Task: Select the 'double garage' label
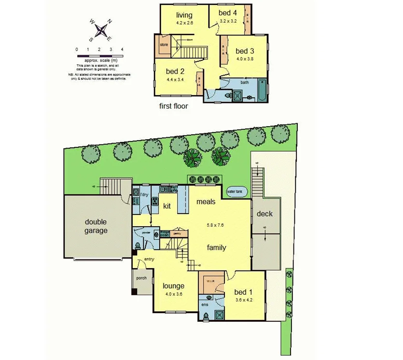pos(97,226)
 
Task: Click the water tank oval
pos(237,192)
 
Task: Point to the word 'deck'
pos(264,214)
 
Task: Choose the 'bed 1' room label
pos(243,292)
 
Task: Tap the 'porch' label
pos(141,278)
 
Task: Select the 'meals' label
pos(205,202)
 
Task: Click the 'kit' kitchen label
pos(167,206)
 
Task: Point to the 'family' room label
pos(217,247)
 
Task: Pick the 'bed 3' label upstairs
pos(245,51)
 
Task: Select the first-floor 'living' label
pos(184,14)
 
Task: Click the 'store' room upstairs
pos(164,45)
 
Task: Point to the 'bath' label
pos(245,83)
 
